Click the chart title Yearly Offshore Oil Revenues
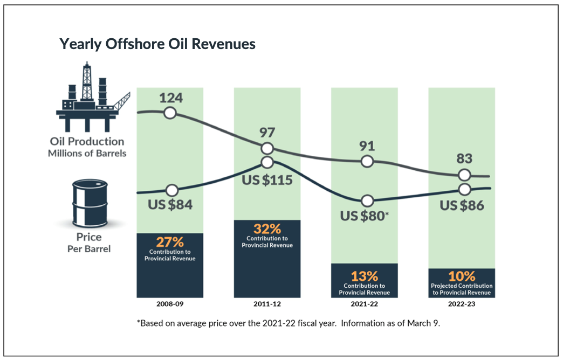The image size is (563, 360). (157, 44)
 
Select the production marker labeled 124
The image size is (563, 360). (170, 113)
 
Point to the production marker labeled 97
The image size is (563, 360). (267, 149)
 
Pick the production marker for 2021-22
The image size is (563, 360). (367, 161)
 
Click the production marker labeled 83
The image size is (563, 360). (464, 175)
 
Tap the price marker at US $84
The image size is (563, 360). (171, 190)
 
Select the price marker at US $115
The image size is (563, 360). (267, 162)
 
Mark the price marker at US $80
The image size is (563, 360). (368, 201)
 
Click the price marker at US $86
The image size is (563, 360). (465, 189)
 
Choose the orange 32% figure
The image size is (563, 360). (267, 228)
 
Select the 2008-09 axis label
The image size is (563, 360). (170, 304)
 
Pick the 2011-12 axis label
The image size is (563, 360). (267, 304)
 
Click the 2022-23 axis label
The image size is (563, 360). (462, 304)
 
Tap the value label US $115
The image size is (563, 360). (267, 179)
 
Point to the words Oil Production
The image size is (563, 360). (87, 142)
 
